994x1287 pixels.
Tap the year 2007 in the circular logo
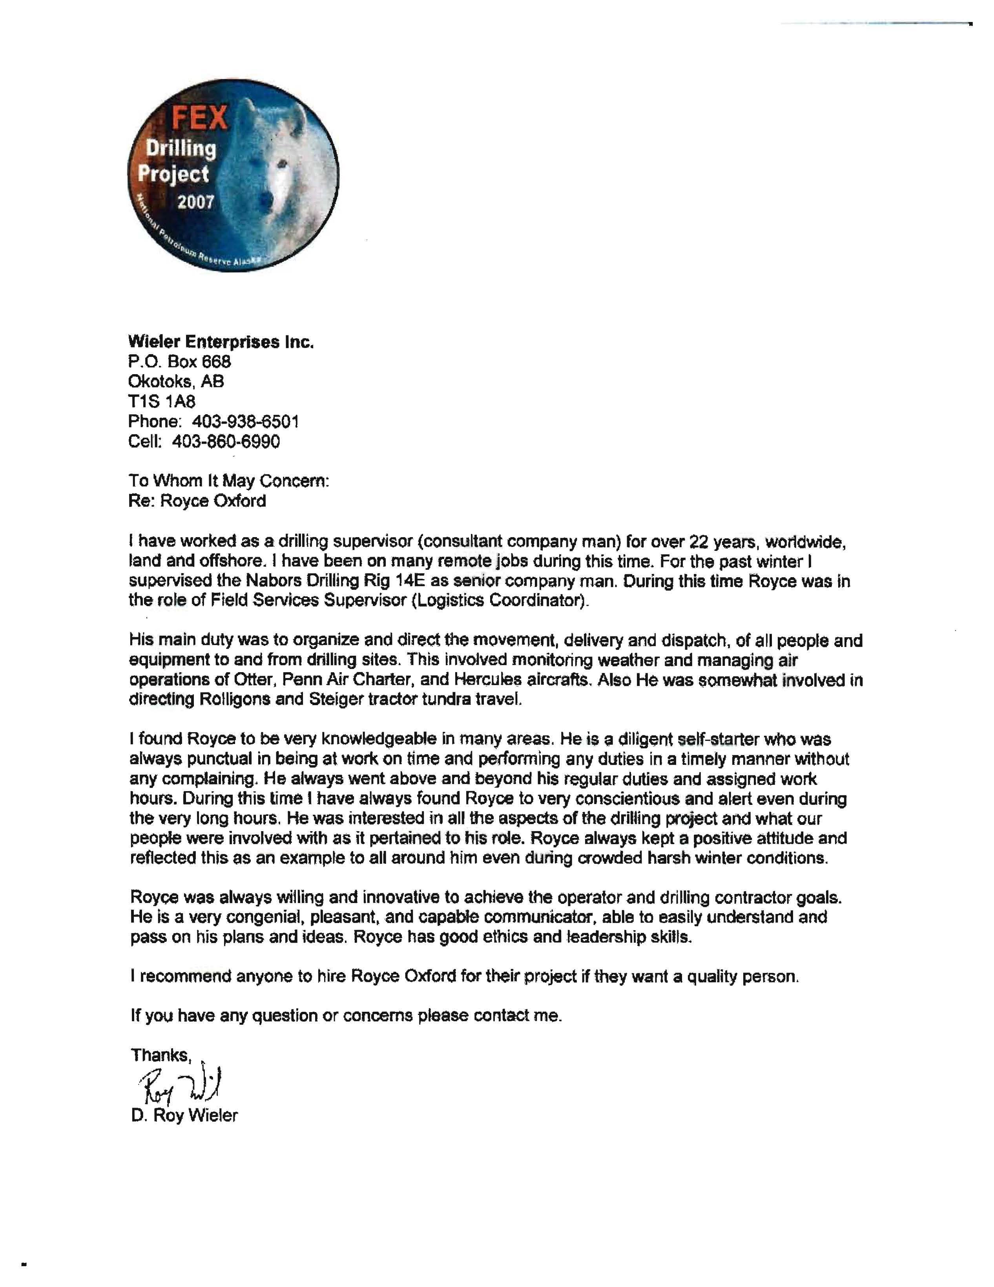click(195, 202)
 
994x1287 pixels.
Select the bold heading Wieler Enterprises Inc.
click(221, 342)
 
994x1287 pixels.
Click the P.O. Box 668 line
click(180, 362)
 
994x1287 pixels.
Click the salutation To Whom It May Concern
click(228, 481)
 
